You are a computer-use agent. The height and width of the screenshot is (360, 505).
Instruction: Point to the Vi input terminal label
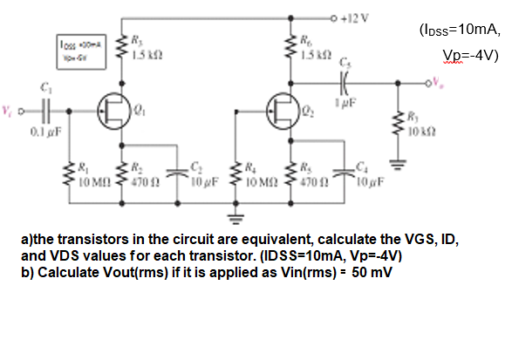pyautogui.click(x=9, y=111)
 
